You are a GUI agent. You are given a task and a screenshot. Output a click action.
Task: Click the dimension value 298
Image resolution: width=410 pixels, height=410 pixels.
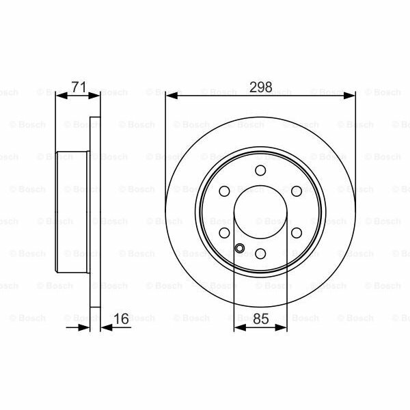[x=260, y=87]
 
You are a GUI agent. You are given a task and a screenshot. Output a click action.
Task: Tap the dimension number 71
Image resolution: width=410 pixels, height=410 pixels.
[x=78, y=87]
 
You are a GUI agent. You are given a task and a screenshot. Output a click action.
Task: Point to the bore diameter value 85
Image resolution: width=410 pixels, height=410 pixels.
[x=260, y=319]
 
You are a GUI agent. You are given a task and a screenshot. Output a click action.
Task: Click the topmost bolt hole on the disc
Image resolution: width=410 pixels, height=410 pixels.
[x=260, y=171]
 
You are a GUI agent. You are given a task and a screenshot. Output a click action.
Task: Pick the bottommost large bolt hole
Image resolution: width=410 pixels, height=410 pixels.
[x=260, y=254]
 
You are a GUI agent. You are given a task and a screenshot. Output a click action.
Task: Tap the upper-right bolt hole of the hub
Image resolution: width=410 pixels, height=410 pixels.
[x=296, y=192]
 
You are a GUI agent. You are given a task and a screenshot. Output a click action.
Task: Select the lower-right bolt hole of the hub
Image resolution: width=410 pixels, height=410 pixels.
[x=296, y=233]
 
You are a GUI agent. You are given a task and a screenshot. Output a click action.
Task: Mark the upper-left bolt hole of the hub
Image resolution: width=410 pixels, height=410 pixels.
[x=225, y=192]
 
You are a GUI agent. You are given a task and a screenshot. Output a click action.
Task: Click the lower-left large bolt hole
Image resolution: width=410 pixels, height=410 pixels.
[x=225, y=233]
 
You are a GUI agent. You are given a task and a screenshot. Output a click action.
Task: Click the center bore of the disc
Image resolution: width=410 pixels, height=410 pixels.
[x=260, y=213]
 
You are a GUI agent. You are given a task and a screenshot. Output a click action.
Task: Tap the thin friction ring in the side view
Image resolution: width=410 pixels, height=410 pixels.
[x=95, y=213]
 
